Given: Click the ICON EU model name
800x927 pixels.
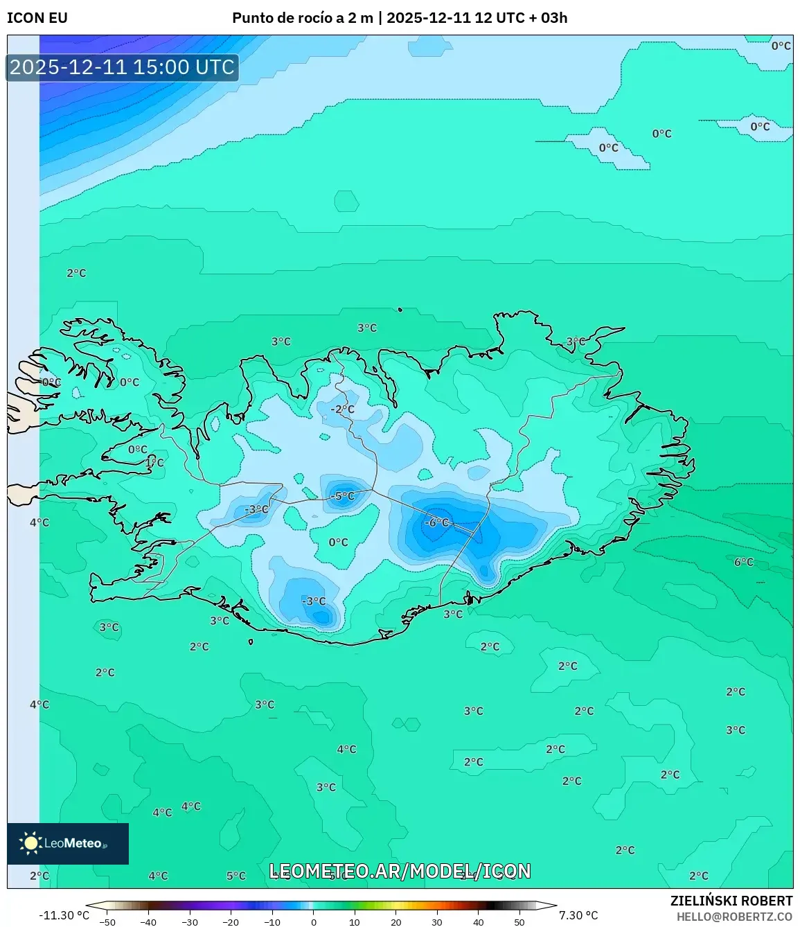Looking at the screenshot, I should point(37,18).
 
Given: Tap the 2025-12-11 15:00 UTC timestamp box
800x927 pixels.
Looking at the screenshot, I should point(122,67).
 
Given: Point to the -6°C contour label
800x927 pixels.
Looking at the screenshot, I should point(436,522).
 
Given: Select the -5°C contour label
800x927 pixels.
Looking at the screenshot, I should point(343,496).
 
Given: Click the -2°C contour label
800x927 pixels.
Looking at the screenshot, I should point(342,409).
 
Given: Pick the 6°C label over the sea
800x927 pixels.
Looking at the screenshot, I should point(744,562).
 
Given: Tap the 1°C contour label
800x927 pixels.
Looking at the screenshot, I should point(155,462).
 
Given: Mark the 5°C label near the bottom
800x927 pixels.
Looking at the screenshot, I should point(236,876).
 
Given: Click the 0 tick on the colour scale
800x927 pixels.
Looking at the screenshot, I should point(314,922).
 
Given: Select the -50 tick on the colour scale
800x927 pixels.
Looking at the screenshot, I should point(107,922).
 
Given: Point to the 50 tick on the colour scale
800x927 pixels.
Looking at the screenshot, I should point(519,922).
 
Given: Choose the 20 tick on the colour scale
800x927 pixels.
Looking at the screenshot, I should point(396,922).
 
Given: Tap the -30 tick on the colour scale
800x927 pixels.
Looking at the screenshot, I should point(190,922).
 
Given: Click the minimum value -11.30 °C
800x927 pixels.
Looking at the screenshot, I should point(64,915).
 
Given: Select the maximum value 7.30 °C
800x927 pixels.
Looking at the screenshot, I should point(578,915).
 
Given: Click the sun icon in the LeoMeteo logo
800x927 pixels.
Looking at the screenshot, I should point(30,843).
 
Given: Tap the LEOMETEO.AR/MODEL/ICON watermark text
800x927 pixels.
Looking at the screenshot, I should point(400,871).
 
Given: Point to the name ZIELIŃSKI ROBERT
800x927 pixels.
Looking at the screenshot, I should point(731,901).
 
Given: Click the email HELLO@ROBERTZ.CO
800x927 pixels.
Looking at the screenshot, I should point(734,917).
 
